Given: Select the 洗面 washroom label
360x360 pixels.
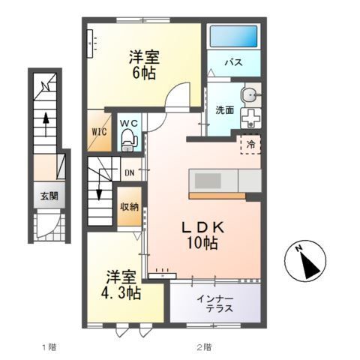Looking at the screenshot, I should [x=225, y=111].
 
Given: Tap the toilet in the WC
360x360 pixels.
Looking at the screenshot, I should [x=128, y=136].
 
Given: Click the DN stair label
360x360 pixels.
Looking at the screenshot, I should [x=129, y=172].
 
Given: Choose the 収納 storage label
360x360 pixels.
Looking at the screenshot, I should [x=129, y=205].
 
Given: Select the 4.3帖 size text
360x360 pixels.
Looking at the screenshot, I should [x=122, y=292].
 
